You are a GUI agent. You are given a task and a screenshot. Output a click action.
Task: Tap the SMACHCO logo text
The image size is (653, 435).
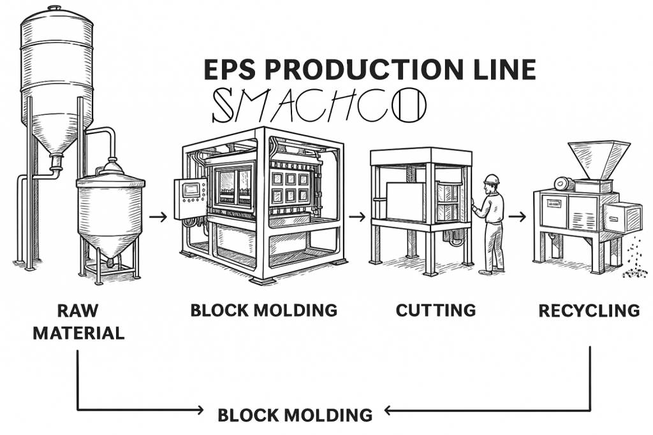point(318,105)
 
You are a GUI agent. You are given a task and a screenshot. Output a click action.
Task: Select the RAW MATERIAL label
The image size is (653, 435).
point(78,322)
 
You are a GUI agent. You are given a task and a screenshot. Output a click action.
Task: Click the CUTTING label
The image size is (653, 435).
point(436,310)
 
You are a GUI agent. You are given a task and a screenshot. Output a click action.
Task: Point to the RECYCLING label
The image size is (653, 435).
point(589,310)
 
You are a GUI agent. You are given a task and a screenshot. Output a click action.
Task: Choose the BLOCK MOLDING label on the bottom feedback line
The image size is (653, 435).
point(295,415)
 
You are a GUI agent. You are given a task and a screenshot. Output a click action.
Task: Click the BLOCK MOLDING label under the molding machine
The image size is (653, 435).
point(263,310)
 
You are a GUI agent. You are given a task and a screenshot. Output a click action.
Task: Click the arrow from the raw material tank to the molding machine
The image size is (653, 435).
point(158,217)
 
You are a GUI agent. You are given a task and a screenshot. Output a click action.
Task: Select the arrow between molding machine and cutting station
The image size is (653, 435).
point(357,217)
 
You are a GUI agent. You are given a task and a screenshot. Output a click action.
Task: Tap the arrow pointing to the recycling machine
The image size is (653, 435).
point(517,217)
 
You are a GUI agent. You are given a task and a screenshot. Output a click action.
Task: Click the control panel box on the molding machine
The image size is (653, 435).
point(190,198)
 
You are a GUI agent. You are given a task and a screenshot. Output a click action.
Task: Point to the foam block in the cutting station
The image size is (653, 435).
point(405,201)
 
